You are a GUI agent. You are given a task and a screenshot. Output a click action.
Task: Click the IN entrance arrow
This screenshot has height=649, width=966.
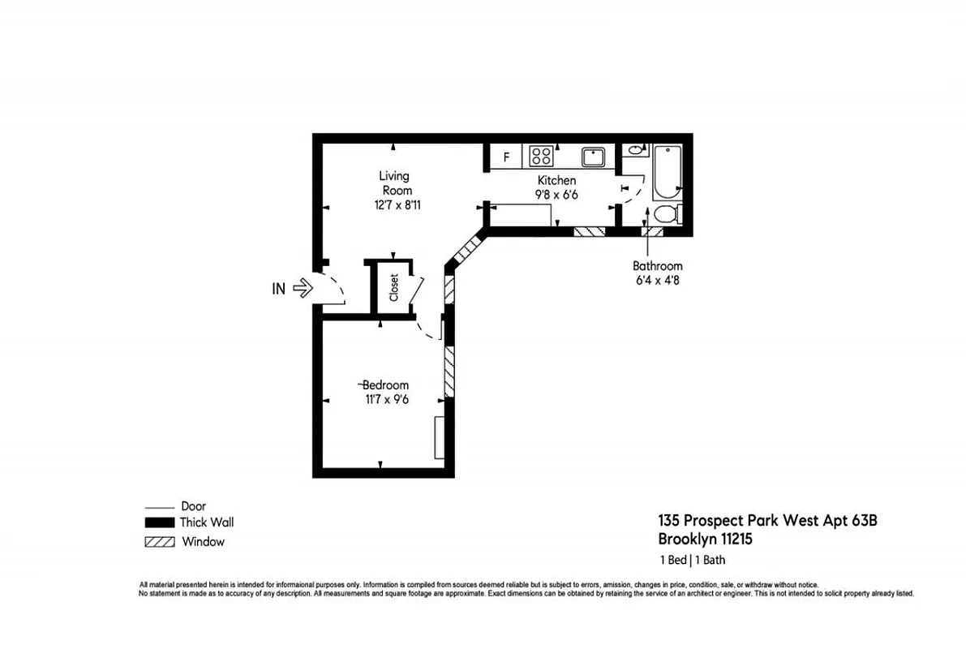[302, 287]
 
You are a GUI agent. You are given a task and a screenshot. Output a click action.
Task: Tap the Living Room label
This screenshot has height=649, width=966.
[394, 183]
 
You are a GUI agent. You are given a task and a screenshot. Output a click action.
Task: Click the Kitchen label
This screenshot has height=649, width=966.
[557, 180]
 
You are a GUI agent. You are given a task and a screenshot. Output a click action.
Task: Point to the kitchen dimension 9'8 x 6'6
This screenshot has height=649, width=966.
[557, 195]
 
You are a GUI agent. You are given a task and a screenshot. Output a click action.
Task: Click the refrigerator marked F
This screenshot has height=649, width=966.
[506, 157]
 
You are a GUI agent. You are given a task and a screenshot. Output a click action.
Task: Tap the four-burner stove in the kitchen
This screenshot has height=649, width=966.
[541, 156]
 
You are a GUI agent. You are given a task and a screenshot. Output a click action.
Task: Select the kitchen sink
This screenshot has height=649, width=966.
[594, 156]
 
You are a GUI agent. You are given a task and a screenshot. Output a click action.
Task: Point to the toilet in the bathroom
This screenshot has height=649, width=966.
[665, 214]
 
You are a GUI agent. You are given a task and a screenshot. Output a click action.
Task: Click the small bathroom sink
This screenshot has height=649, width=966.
[635, 149]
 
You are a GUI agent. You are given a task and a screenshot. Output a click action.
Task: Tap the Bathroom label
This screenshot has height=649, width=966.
[657, 265]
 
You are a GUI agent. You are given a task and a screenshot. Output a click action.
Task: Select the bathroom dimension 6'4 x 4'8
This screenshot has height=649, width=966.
[657, 281]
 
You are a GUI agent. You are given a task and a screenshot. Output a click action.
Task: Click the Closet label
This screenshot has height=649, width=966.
[394, 287]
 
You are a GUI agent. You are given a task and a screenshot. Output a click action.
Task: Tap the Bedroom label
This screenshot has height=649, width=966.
[385, 385]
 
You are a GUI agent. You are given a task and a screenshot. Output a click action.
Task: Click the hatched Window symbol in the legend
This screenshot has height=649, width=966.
[160, 542]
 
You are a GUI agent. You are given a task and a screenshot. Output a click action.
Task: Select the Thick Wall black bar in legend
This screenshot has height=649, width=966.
[160, 523]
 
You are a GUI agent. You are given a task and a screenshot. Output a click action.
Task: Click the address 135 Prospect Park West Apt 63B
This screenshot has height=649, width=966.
[766, 521]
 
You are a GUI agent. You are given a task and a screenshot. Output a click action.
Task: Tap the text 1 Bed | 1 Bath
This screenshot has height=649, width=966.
[692, 560]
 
